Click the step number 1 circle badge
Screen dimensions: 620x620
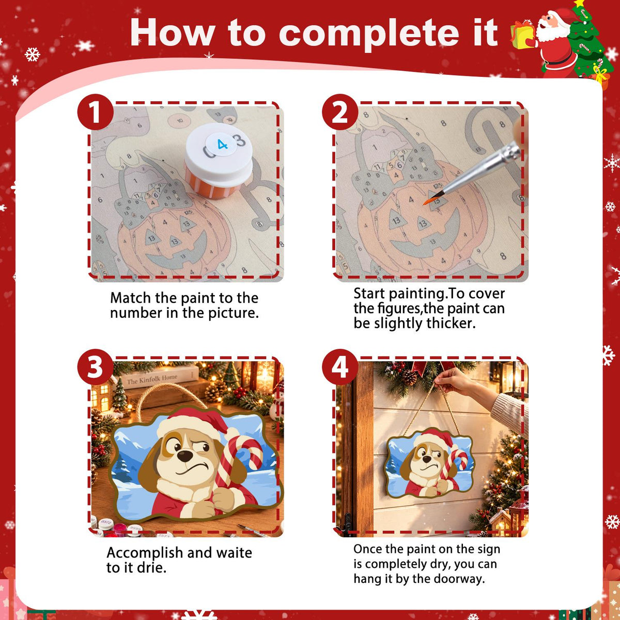click(95, 112)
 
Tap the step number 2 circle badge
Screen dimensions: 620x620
click(340, 112)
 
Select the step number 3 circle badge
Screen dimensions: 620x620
click(95, 367)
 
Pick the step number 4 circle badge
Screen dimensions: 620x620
click(340, 367)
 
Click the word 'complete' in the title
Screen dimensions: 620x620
click(369, 34)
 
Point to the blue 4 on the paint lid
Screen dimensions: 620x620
click(222, 145)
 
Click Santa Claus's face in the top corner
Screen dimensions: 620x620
click(551, 24)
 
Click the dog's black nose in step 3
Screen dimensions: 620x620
click(184, 456)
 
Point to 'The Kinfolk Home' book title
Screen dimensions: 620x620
click(152, 379)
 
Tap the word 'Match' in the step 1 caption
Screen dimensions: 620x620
click(131, 298)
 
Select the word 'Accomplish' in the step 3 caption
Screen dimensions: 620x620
click(145, 553)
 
